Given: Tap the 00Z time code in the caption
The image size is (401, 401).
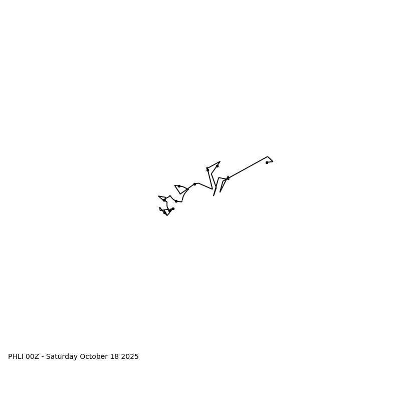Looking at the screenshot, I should point(32,357).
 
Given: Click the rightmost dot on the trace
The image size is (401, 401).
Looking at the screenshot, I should point(267,162).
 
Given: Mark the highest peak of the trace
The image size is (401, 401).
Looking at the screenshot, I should point(268,156).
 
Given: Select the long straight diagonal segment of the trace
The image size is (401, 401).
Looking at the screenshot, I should point(248,167).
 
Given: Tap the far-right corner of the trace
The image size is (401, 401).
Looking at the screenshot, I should point(273,161).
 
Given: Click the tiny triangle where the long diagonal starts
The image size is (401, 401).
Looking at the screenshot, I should point(228,178).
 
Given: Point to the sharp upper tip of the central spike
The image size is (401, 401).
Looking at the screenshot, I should point(220,162).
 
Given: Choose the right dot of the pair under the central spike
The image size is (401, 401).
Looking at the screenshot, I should point(217,166).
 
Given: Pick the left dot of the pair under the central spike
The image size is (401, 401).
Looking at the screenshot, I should point(208,170).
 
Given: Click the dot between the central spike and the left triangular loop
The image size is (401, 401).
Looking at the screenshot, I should point(194,184).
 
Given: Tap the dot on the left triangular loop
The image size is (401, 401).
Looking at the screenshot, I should point(179,186).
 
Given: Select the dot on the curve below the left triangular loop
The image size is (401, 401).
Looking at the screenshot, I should point(176,201).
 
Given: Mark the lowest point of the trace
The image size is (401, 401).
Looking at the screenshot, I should point(167,215).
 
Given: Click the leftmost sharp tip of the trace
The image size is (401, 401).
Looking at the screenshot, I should point(158,196).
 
